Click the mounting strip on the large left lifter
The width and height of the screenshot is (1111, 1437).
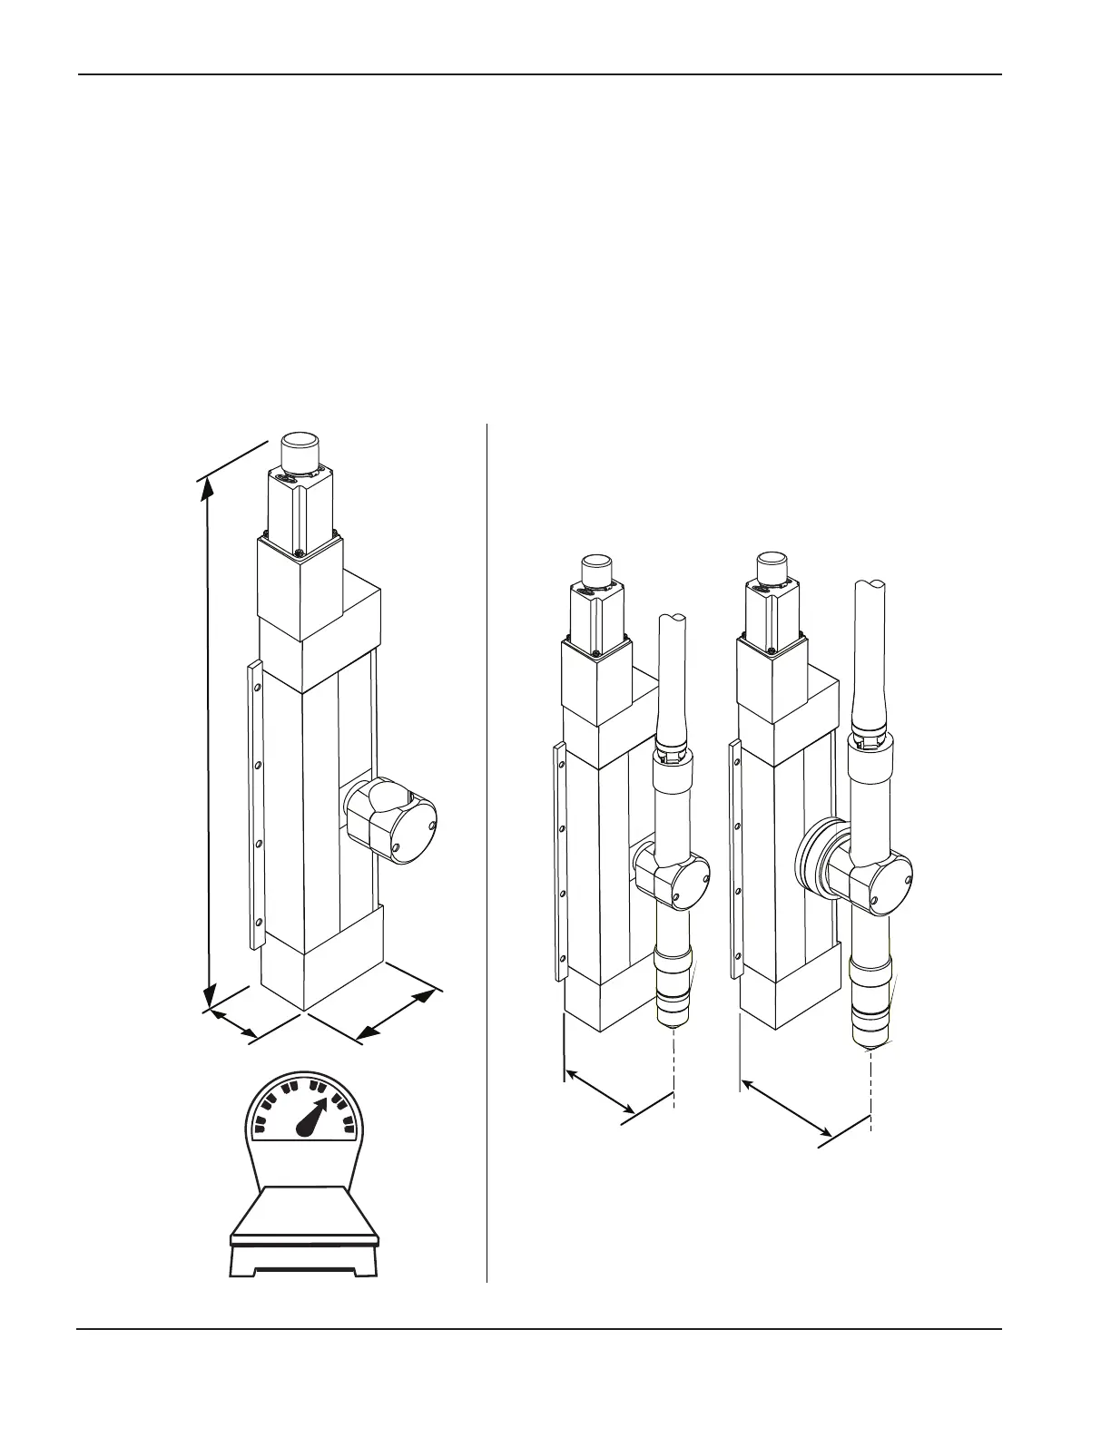(x=256, y=804)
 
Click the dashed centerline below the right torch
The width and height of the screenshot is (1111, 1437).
(x=871, y=1089)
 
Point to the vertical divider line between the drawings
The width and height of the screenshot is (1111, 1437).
(x=487, y=853)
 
